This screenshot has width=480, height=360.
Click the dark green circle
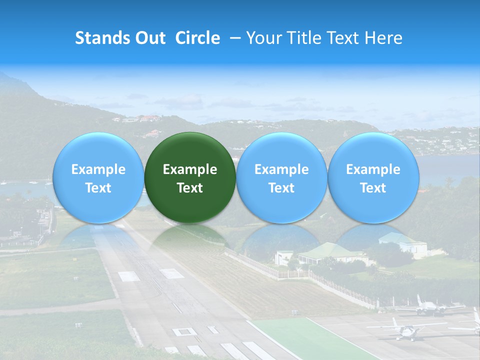(190, 177)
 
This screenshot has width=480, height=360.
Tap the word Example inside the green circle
(190, 169)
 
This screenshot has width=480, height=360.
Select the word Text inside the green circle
(190, 188)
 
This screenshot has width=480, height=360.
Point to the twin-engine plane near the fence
(428, 308)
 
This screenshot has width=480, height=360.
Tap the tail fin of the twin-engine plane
(419, 299)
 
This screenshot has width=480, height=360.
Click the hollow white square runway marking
(184, 331)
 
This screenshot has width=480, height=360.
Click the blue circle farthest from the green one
(373, 177)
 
